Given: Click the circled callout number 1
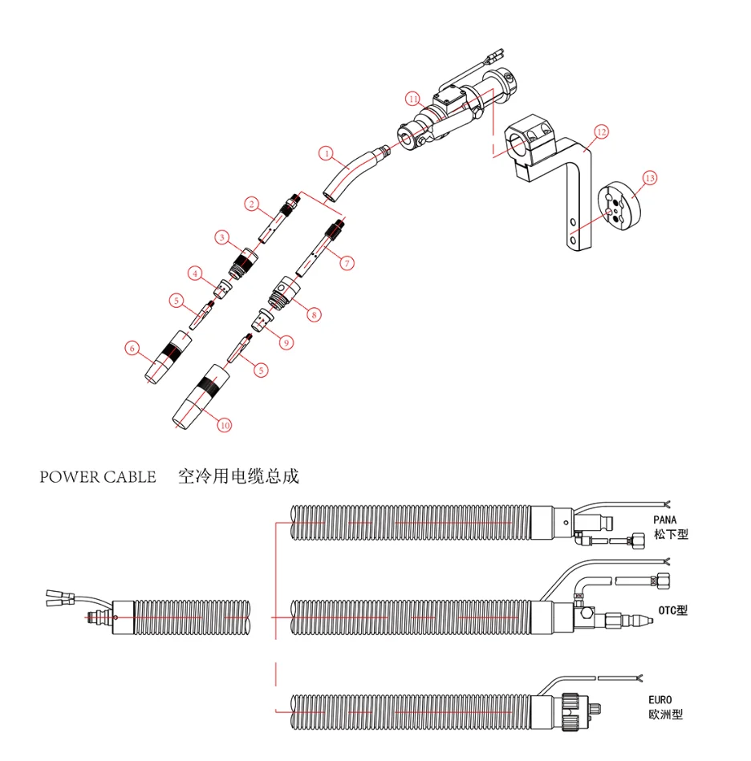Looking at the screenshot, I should point(326,152).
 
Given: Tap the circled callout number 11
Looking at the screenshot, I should point(412,99).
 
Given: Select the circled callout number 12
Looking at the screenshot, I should point(602,132).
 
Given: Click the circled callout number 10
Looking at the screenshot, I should point(225,425).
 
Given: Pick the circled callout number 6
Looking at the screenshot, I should point(132,348).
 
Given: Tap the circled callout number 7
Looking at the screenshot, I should point(347,262).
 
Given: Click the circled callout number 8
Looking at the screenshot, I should point(314,315).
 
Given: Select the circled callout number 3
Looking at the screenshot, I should point(222,237).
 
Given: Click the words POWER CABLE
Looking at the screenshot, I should point(98,477).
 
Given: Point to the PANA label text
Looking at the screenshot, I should point(664,520).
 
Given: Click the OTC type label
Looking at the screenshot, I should point(672,610).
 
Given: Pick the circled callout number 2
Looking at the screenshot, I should point(251,205).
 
